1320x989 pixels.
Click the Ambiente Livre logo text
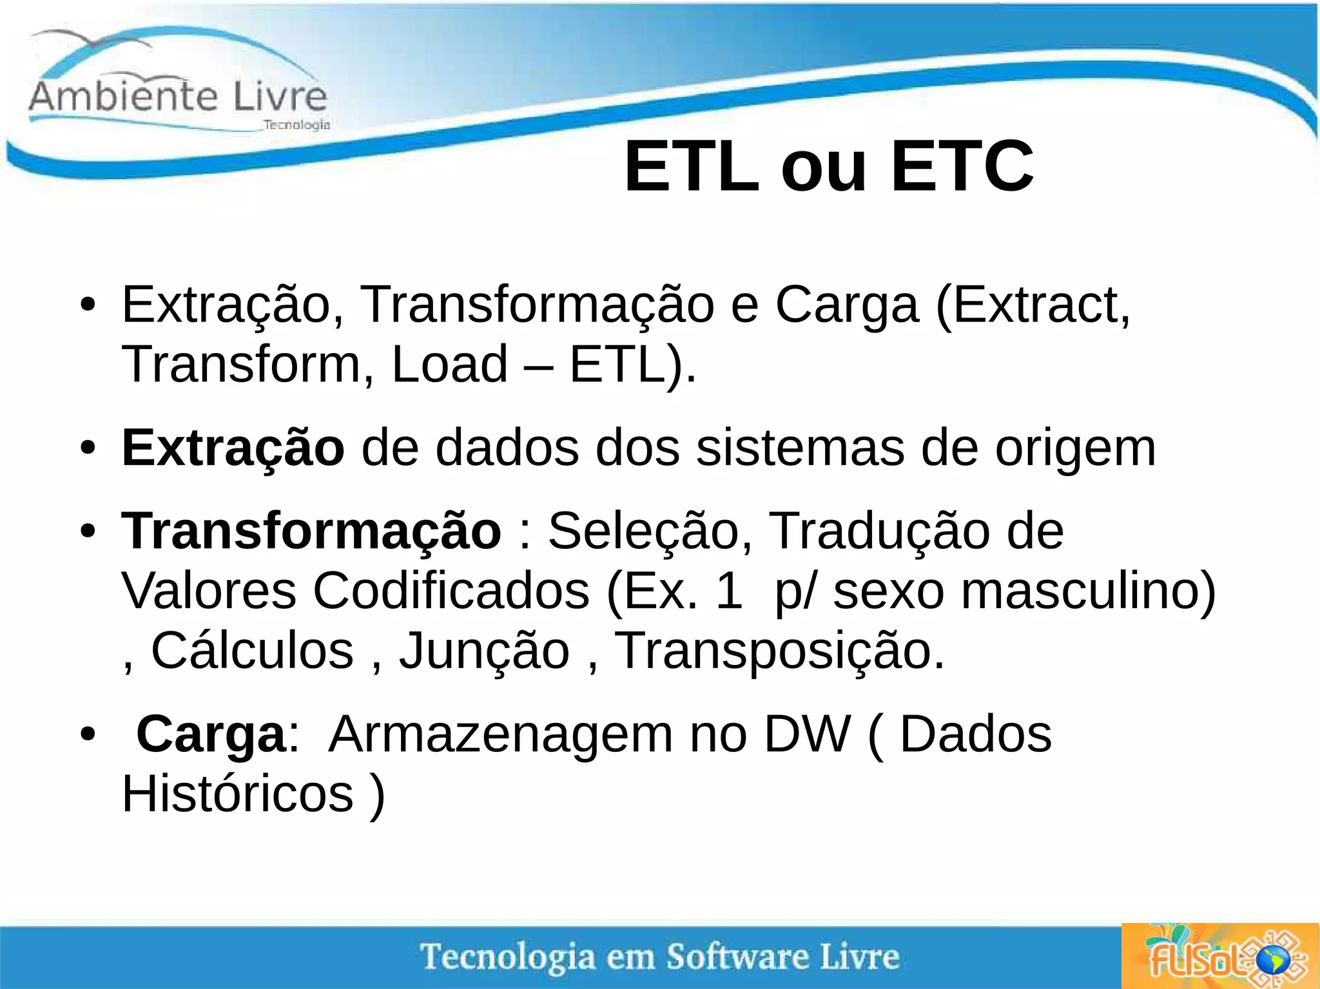coord(178,97)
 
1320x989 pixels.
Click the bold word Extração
coord(233,448)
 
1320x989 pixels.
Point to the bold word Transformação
coord(311,531)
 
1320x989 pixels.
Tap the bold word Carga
coord(211,734)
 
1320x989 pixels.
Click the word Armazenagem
coord(501,735)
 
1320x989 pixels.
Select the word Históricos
coord(238,794)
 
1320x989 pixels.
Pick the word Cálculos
coord(252,651)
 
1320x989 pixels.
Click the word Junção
coord(484,651)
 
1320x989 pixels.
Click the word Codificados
coord(451,591)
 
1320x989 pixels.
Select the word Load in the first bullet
coord(449,364)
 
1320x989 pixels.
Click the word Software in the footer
coord(737,956)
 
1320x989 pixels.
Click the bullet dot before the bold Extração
coord(88,448)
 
